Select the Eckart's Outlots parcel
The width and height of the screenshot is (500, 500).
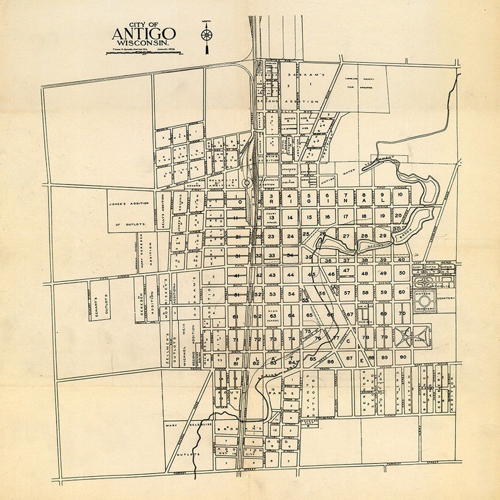pyautogui.click(x=98, y=300)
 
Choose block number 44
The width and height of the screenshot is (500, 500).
pyautogui.click(x=290, y=275)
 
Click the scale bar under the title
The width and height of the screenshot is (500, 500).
pyautogui.click(x=144, y=53)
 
